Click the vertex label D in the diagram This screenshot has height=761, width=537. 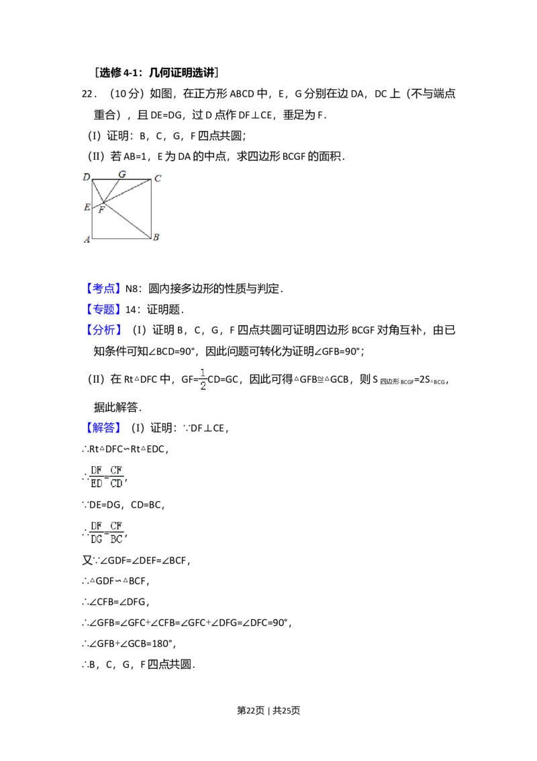[87, 177]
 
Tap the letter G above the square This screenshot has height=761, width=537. [121, 174]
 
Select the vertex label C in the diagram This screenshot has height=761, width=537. [158, 178]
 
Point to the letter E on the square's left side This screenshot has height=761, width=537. [87, 207]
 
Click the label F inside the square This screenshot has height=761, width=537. [101, 210]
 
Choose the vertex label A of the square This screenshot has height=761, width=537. [87, 240]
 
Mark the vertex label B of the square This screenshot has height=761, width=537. [156, 237]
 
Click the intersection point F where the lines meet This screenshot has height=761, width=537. [104, 202]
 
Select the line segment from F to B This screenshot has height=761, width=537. [128, 220]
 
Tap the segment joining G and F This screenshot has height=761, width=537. [111, 191]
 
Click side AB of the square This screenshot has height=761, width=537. [121, 238]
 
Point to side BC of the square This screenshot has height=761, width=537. [151, 209]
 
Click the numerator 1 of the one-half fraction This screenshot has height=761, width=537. [202, 372]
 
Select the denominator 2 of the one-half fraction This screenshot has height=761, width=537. [202, 386]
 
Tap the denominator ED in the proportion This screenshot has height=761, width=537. [97, 483]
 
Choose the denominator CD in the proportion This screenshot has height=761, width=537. [117, 483]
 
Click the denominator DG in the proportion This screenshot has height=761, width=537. [97, 539]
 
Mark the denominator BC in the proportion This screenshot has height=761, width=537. [117, 539]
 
